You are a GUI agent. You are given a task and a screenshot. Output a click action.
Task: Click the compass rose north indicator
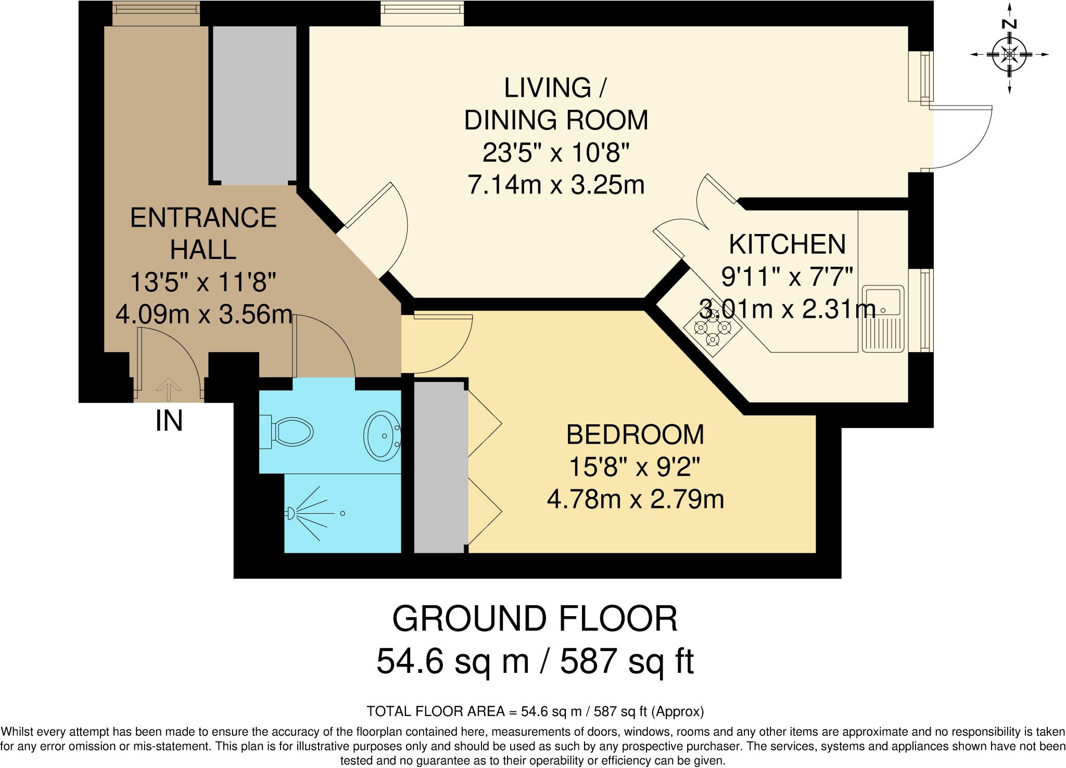(1010, 54)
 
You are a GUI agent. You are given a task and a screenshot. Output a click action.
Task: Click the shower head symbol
(290, 514)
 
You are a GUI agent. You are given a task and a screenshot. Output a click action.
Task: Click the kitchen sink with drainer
(883, 318)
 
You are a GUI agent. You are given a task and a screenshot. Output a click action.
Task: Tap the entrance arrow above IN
(169, 388)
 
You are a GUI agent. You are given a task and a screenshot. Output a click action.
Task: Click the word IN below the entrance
(169, 421)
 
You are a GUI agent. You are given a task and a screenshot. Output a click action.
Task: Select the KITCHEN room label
(787, 245)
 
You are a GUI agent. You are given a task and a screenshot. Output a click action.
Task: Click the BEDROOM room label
(634, 435)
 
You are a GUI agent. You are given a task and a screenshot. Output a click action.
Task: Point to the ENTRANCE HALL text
(203, 233)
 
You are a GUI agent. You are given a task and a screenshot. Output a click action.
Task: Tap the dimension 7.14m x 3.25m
(556, 185)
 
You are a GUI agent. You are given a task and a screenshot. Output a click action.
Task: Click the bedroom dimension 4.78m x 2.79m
(635, 500)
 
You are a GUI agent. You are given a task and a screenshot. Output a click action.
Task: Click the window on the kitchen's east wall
(925, 310)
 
